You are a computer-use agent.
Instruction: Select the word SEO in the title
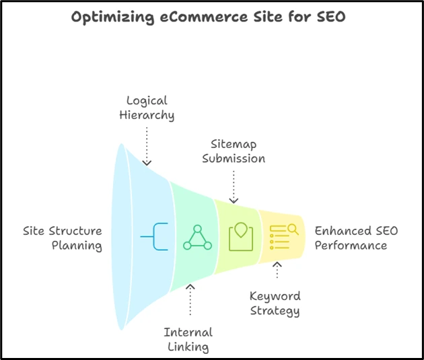pos(330,17)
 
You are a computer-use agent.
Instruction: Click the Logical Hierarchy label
pos(147,108)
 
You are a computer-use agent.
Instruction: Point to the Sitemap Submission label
pos(234,151)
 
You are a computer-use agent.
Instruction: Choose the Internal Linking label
pos(188,340)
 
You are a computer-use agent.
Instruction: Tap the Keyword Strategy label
pos(275,303)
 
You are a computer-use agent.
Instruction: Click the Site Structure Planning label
pos(62,238)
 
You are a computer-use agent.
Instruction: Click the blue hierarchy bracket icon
pos(154,237)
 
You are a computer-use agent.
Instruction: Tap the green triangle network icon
pos(197,238)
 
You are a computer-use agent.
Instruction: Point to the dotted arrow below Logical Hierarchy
pos(147,145)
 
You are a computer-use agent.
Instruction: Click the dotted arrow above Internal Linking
pos(190,300)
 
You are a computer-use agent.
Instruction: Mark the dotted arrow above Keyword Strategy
pos(276,271)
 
